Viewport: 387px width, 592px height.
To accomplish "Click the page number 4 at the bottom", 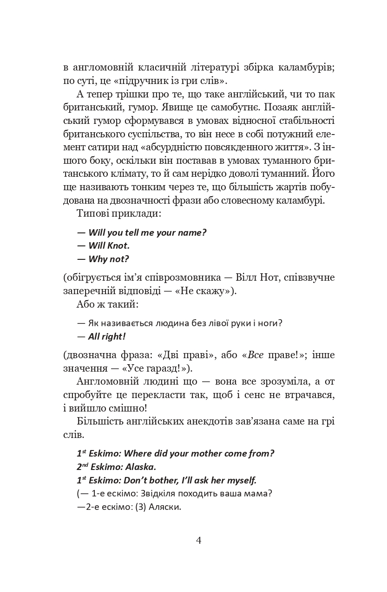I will click(199, 541).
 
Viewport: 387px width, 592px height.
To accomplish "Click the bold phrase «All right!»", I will click(107, 336).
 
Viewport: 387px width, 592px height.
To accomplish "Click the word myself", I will click(240, 480).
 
